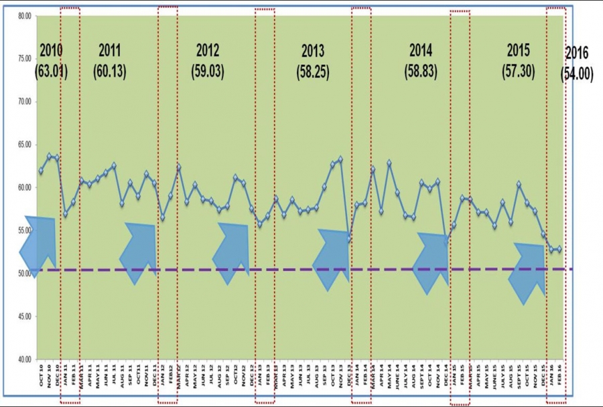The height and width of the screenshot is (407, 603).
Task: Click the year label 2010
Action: click(x=52, y=50)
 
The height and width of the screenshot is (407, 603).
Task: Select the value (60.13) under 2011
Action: click(x=110, y=72)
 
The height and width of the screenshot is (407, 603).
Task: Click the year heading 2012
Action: click(x=208, y=50)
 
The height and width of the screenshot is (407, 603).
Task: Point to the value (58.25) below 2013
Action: click(x=312, y=72)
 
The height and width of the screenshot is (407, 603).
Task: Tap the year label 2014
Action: click(x=420, y=50)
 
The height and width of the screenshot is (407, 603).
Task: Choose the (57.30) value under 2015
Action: click(x=518, y=72)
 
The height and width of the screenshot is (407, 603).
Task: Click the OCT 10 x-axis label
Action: click(x=42, y=378)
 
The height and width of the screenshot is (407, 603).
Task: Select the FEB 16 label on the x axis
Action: click(x=560, y=378)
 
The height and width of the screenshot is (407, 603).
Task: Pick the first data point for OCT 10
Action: click(x=42, y=171)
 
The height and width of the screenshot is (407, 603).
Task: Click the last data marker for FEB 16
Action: click(x=559, y=249)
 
